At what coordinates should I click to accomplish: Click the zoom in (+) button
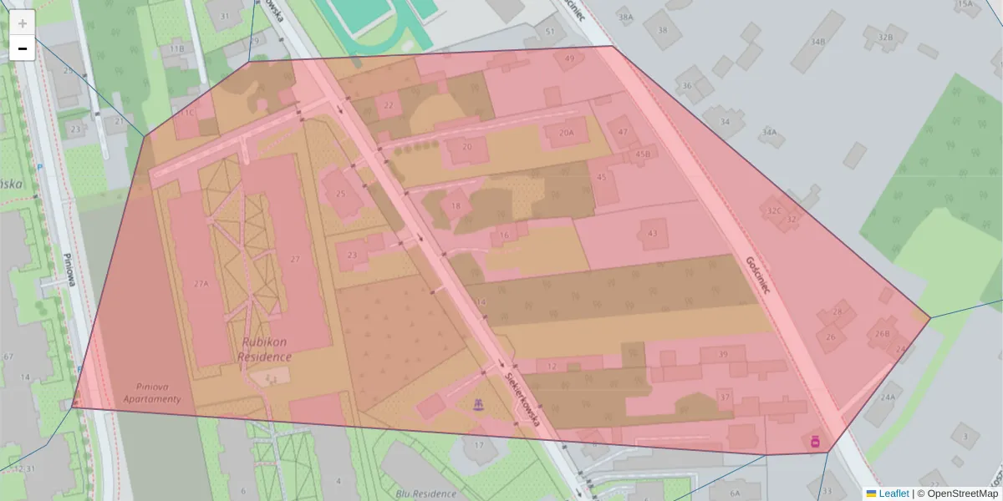[23, 23]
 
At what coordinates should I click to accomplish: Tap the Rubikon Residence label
[267, 349]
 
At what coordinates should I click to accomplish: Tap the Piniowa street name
[71, 271]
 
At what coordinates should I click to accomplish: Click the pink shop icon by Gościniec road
[815, 441]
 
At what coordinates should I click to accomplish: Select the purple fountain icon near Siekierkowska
[479, 404]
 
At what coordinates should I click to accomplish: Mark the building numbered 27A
[201, 284]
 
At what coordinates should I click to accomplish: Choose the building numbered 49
[570, 58]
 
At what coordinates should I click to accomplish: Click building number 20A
[567, 133]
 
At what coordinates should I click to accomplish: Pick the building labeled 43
[652, 233]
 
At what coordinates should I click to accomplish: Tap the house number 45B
[642, 154]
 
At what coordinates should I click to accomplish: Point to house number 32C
[774, 211]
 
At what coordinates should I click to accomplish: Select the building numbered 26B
[882, 333]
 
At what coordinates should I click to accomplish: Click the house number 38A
[624, 17]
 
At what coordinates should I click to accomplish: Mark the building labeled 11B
[176, 49]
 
